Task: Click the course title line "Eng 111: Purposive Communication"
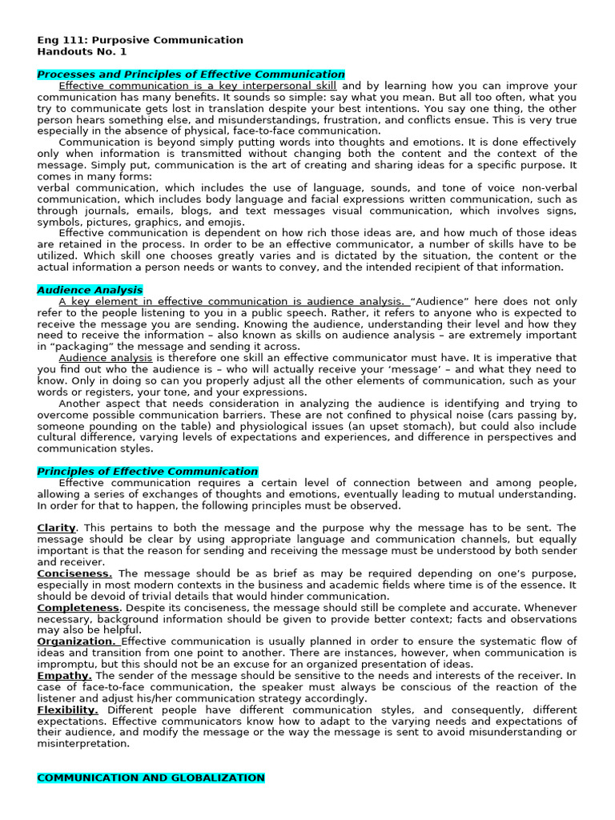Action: coord(140,40)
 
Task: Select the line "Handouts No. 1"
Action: coord(82,51)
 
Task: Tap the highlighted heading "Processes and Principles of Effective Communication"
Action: coord(191,74)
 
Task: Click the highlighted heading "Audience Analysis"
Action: coord(90,290)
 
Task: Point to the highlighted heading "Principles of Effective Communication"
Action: coord(147,472)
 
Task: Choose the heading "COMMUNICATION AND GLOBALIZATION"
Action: coord(151,778)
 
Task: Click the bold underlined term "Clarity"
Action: coord(56,528)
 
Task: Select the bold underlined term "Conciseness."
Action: coord(74,573)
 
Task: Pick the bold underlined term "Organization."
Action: coord(77,641)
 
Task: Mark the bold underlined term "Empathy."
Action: coord(63,676)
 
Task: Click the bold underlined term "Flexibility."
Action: coord(67,710)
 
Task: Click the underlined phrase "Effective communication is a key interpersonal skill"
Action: coord(198,86)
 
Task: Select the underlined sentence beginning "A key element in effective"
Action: coord(232,301)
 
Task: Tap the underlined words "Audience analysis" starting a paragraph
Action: coord(106,358)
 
